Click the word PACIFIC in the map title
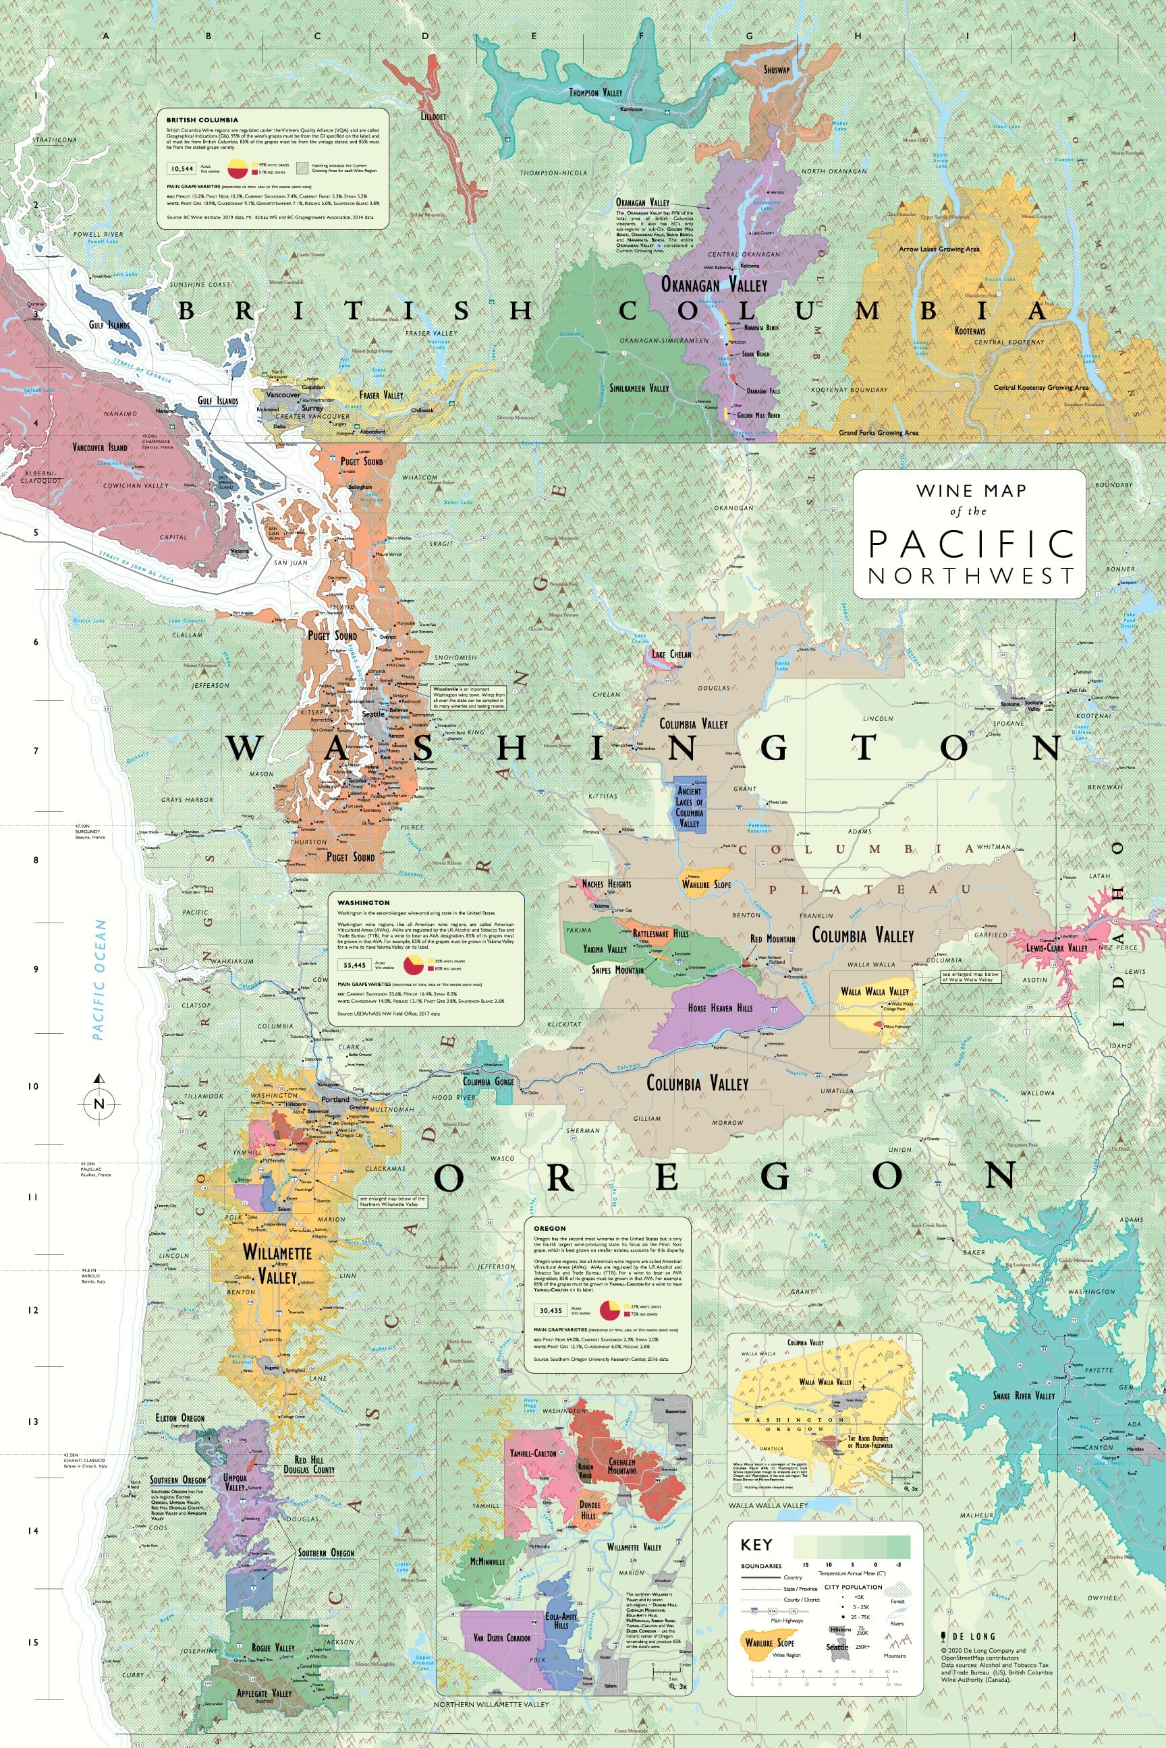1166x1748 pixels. click(970, 544)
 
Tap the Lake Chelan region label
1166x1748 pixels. click(671, 655)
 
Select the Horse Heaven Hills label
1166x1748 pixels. click(720, 1008)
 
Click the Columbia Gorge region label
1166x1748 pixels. click(489, 1081)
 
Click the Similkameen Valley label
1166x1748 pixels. click(639, 388)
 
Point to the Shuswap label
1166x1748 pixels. click(777, 70)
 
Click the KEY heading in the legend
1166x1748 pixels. click(756, 1545)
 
